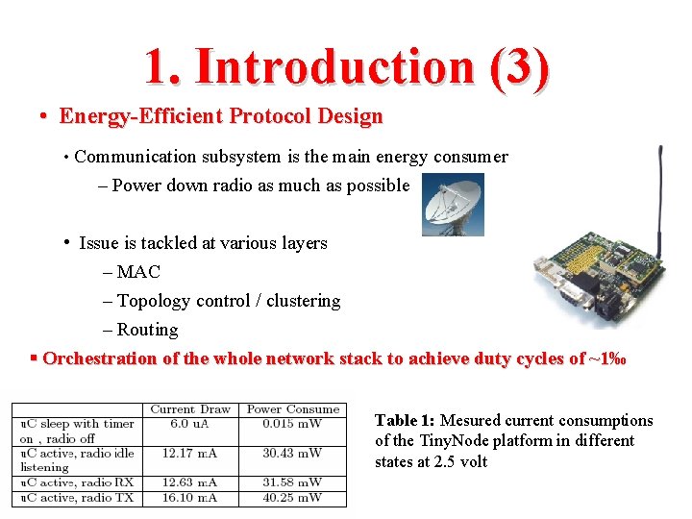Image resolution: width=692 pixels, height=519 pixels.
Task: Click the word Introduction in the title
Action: pyautogui.click(x=334, y=66)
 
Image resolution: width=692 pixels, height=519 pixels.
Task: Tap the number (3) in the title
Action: pyautogui.click(x=518, y=66)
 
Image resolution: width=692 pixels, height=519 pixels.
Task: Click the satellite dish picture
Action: pyautogui.click(x=453, y=205)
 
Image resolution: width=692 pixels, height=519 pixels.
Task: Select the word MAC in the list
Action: pyautogui.click(x=138, y=272)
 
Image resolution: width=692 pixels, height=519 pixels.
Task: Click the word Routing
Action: pyautogui.click(x=147, y=330)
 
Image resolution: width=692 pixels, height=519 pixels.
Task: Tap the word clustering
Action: pyautogui.click(x=303, y=301)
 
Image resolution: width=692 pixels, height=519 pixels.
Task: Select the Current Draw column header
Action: pyautogui.click(x=190, y=409)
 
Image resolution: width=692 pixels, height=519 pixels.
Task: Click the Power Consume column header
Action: pyautogui.click(x=292, y=409)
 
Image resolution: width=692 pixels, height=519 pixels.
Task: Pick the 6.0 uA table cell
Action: pyautogui.click(x=190, y=424)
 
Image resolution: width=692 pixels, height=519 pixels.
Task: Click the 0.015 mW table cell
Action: pyautogui.click(x=292, y=424)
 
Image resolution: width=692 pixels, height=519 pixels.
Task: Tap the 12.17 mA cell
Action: pyautogui.click(x=190, y=453)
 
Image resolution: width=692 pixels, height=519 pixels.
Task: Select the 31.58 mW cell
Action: pyautogui.click(x=292, y=482)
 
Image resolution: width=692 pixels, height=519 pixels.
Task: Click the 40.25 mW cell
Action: pyautogui.click(x=292, y=498)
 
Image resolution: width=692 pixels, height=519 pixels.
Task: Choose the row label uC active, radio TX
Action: pyautogui.click(x=77, y=498)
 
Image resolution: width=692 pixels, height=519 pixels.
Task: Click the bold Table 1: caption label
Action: pyautogui.click(x=405, y=421)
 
